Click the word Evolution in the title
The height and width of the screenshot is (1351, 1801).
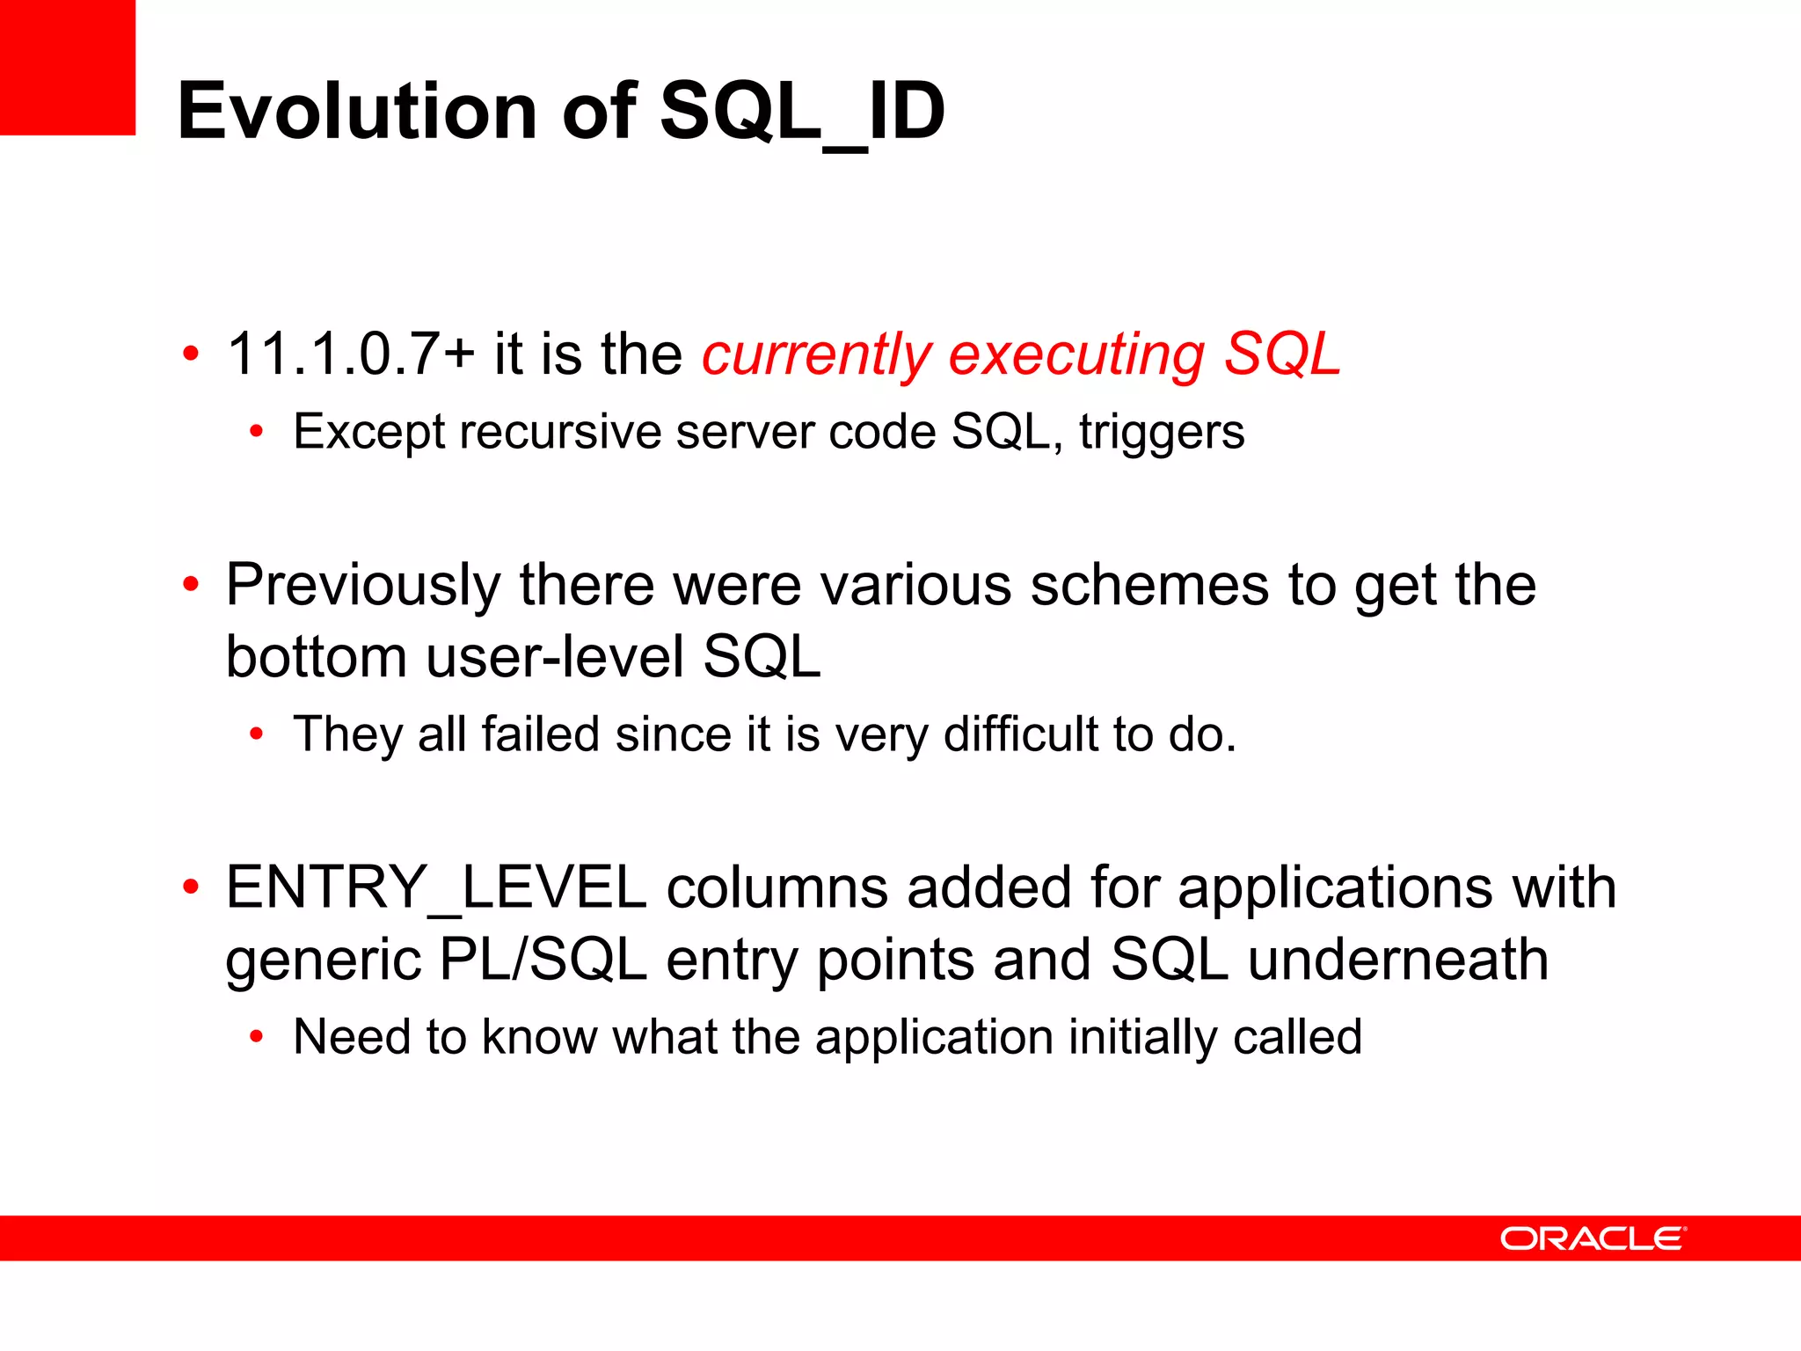pyautogui.click(x=357, y=111)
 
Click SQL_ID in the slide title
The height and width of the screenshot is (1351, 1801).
pyautogui.click(x=802, y=111)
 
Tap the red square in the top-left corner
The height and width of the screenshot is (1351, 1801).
pyautogui.click(x=67, y=67)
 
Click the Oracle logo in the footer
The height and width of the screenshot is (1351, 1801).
pyautogui.click(x=1593, y=1238)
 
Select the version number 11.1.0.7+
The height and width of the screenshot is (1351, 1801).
pyautogui.click(x=351, y=354)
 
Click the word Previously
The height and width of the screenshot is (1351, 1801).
pyautogui.click(x=363, y=586)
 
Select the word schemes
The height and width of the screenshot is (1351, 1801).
pyautogui.click(x=1149, y=586)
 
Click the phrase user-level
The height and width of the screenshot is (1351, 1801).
pyautogui.click(x=555, y=657)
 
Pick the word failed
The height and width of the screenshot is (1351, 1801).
pyautogui.click(x=540, y=734)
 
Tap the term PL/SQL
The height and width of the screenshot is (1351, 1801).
pyautogui.click(x=543, y=960)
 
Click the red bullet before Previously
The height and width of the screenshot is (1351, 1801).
pyautogui.click(x=191, y=584)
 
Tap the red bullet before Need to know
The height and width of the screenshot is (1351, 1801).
pyautogui.click(x=256, y=1037)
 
